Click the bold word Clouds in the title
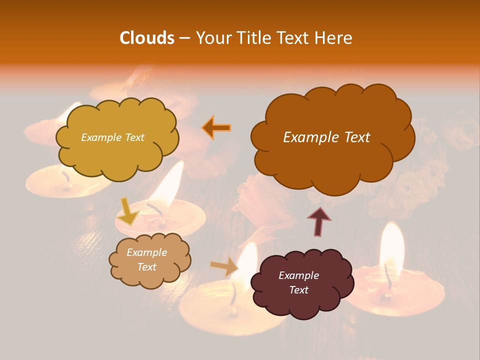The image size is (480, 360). point(146,38)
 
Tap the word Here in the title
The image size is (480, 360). point(334,38)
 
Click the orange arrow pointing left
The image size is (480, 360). point(216,127)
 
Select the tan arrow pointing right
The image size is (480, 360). point(224,266)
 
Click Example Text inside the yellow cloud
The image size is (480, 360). point(112,137)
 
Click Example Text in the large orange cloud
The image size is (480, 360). point(326,137)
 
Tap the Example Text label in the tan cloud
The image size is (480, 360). point(146,259)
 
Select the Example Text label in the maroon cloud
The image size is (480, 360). point(298,282)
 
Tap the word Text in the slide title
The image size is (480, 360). point(292,38)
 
